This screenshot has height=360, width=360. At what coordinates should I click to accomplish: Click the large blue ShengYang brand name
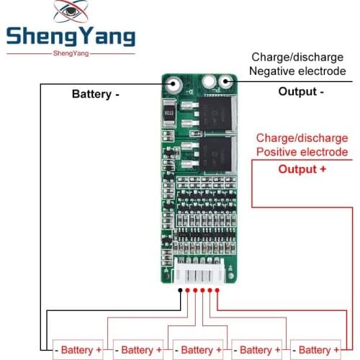(x=70, y=36)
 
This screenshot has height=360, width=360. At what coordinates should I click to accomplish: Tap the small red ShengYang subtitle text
(x=71, y=54)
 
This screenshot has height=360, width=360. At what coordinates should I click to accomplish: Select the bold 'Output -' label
(x=300, y=91)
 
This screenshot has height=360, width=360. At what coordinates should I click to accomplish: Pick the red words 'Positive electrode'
(x=302, y=152)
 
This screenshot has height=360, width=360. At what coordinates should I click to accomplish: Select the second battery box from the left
(x=138, y=350)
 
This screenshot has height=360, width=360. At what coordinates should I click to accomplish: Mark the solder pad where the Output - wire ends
(x=228, y=83)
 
